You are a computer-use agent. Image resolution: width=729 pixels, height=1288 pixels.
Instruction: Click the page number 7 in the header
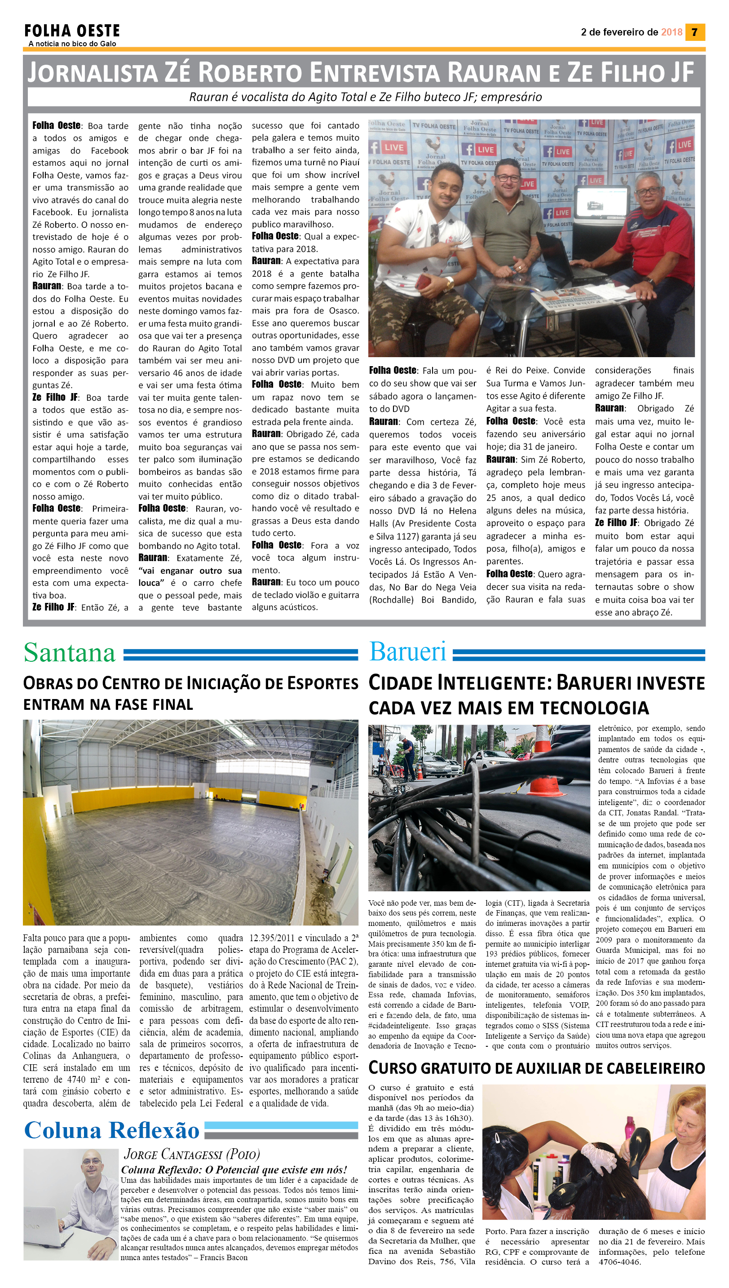point(694,32)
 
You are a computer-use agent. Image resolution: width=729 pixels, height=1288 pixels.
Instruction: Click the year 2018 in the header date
point(672,32)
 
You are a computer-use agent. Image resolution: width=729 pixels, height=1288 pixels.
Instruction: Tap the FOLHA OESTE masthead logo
point(72,31)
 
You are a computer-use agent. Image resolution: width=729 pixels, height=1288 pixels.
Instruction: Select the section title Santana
point(69,652)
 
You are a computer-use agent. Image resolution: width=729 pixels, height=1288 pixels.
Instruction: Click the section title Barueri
point(407,651)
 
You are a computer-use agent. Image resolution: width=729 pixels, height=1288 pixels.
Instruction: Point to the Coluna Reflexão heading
point(112,1130)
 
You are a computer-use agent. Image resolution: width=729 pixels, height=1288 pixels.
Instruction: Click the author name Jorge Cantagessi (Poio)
point(192,1154)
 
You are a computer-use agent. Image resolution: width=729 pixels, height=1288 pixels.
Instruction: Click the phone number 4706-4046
point(619,1261)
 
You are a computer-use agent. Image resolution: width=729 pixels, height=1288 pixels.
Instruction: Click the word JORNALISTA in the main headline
point(92,73)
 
